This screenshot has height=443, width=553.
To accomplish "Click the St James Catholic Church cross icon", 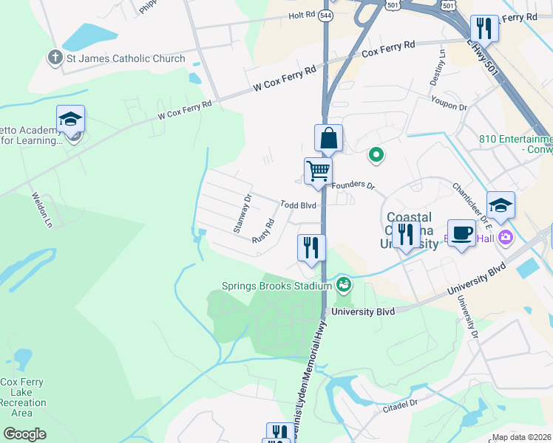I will [54, 58].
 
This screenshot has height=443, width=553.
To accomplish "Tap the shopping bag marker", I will [328, 138].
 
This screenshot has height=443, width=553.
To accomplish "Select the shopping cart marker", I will [318, 171].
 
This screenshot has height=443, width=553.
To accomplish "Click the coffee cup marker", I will [461, 233].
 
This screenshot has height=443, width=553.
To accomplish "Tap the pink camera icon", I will [506, 237].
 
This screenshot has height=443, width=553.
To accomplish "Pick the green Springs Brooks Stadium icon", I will [344, 284].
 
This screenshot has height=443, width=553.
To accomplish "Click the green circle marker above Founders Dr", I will [376, 155].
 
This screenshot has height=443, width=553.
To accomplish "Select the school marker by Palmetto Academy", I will [70, 119].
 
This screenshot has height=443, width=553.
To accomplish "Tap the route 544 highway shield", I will [326, 15].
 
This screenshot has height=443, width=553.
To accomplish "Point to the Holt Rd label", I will [302, 15].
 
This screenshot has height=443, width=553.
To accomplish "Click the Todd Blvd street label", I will [298, 205].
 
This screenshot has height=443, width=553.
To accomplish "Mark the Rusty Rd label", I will [263, 232].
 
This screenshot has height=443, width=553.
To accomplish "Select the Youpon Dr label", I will [452, 108].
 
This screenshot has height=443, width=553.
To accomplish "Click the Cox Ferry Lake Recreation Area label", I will [22, 398].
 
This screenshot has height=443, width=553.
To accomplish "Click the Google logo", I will [24, 433].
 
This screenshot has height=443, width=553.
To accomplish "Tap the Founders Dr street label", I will [353, 185].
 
